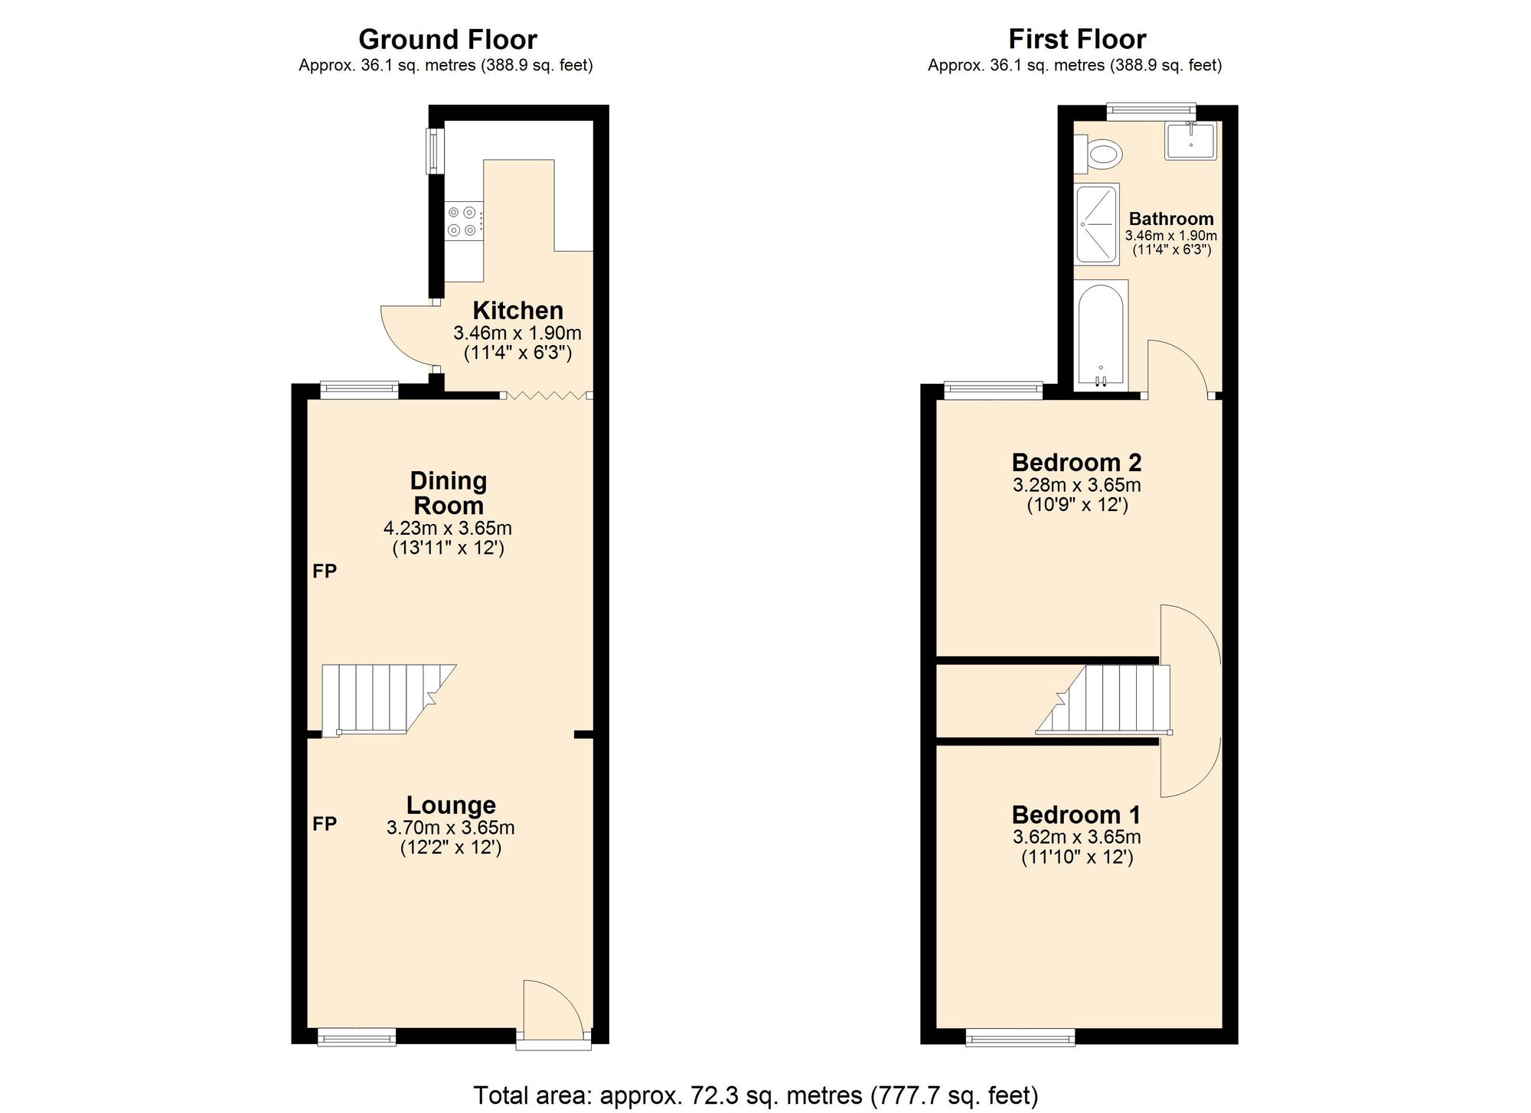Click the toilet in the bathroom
coord(1101,155)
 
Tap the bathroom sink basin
coord(1190,141)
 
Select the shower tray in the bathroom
coord(1097,224)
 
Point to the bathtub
coord(1100,334)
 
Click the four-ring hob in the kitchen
coord(464,220)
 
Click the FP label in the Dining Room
coord(325,571)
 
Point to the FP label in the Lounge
coord(325,823)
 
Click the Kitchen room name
coord(517,311)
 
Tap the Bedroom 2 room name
coord(1076,462)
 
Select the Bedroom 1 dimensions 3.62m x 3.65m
coord(1076,837)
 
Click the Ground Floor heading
coord(448,39)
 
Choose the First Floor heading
coord(1076,39)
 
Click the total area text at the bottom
coord(756,1095)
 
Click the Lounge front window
coord(357,1037)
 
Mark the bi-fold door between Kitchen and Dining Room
coord(547,395)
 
